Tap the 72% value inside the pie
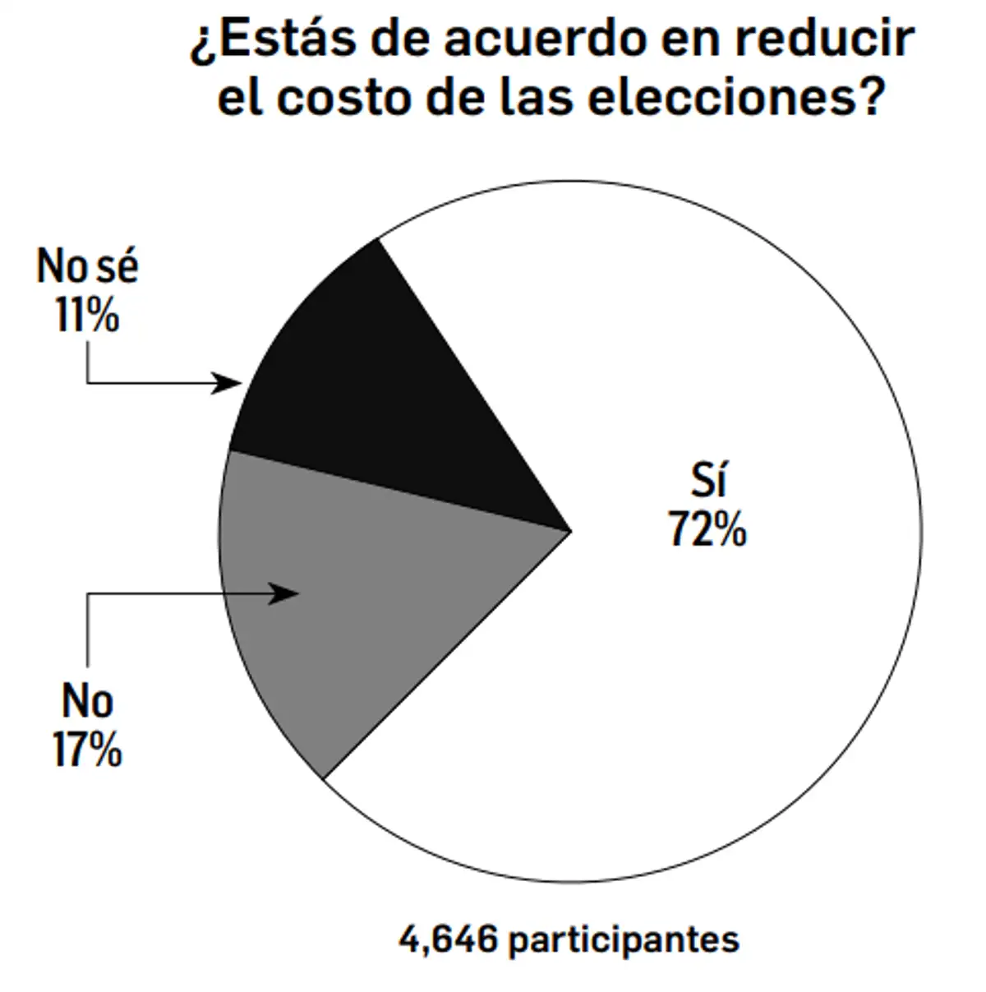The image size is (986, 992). pyautogui.click(x=707, y=528)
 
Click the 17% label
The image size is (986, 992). pyautogui.click(x=87, y=750)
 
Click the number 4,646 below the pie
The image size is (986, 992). pyautogui.click(x=448, y=939)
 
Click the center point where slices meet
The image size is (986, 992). pyautogui.click(x=570, y=531)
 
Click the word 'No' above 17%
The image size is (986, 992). pyautogui.click(x=87, y=701)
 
